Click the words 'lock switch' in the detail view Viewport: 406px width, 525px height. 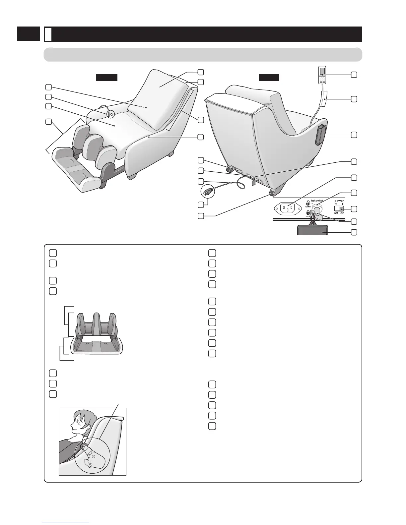tap(317, 201)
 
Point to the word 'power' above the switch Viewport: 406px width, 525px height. tap(339, 201)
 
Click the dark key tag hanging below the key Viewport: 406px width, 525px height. tap(313, 230)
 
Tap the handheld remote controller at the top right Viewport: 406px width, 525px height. tap(322, 75)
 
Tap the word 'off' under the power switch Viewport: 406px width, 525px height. tap(336, 213)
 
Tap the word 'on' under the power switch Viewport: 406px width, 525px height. tap(342, 213)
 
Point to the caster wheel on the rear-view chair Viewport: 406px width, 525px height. tap(229, 170)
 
